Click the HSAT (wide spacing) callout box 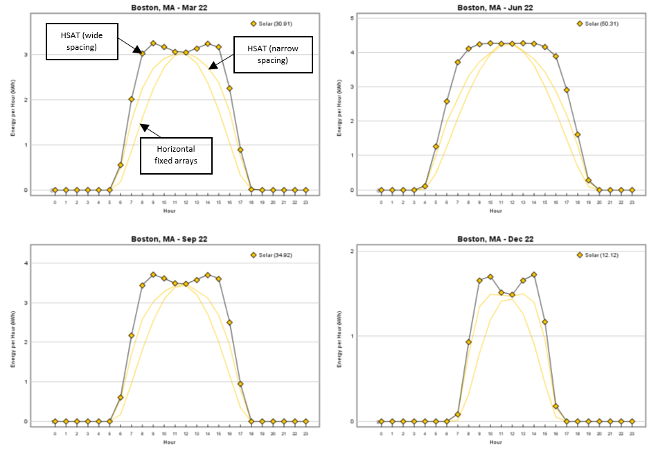[82, 41]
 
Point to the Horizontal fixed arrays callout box [176, 155]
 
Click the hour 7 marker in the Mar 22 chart [132, 99]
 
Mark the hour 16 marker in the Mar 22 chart [229, 89]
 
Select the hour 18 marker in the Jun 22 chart [577, 134]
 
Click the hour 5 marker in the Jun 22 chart [436, 147]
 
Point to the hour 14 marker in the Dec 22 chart [533, 275]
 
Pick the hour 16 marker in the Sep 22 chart [229, 322]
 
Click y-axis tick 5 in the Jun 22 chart [372, 17]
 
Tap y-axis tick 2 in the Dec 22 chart [372, 251]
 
